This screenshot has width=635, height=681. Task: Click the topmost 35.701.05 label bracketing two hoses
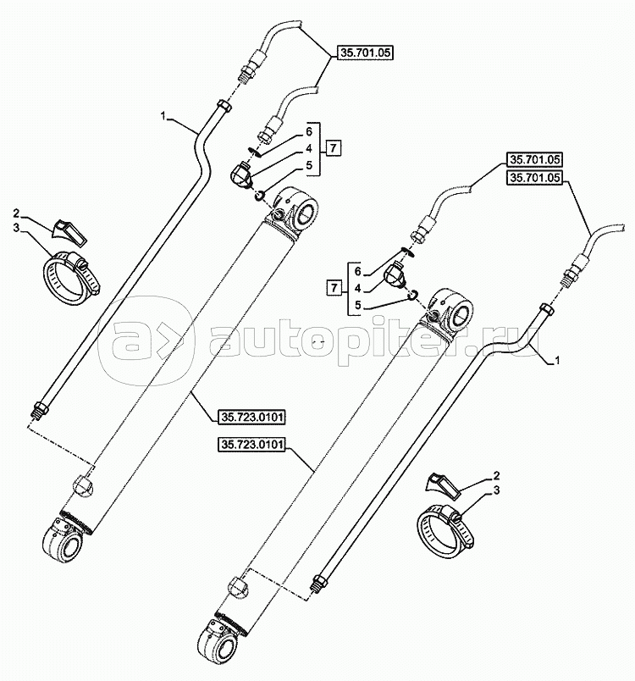click(367, 52)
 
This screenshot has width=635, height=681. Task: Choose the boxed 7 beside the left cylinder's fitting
click(334, 149)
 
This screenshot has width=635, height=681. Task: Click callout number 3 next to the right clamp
click(496, 490)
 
